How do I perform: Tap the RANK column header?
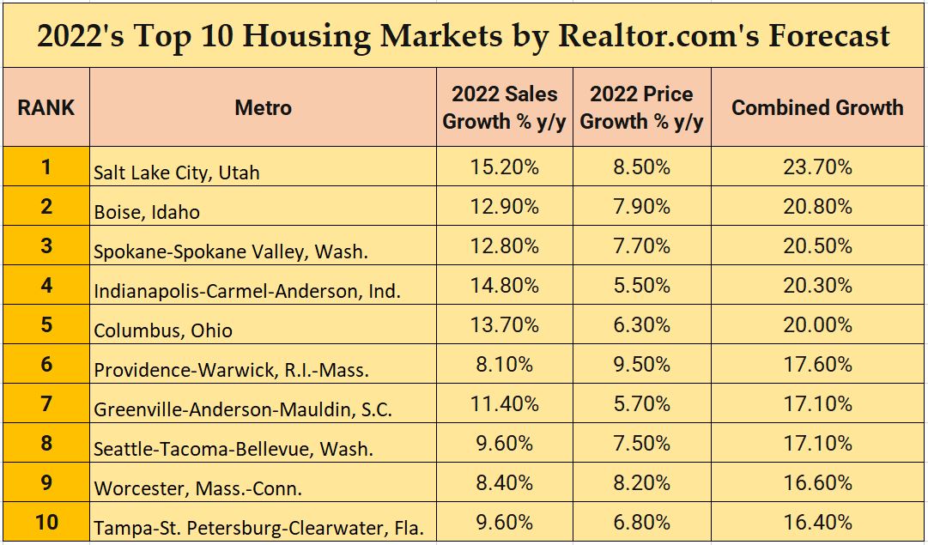click(46, 108)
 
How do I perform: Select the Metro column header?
click(264, 108)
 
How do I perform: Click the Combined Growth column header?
click(817, 108)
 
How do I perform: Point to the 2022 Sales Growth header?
click(504, 108)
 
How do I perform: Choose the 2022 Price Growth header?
click(641, 108)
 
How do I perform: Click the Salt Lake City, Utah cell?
click(177, 173)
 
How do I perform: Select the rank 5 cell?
click(46, 324)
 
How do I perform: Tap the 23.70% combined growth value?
click(817, 167)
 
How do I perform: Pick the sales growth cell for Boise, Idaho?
click(504, 207)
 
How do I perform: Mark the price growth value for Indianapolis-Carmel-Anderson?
click(641, 286)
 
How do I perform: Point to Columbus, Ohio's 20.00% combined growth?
click(817, 325)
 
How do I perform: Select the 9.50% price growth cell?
click(641, 365)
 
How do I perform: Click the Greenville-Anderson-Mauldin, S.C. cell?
click(243, 409)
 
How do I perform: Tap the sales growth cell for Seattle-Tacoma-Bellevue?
click(504, 444)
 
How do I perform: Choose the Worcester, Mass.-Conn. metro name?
click(198, 488)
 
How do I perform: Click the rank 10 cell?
click(46, 522)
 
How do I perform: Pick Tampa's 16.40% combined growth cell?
click(817, 523)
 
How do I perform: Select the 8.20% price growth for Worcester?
click(641, 483)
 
